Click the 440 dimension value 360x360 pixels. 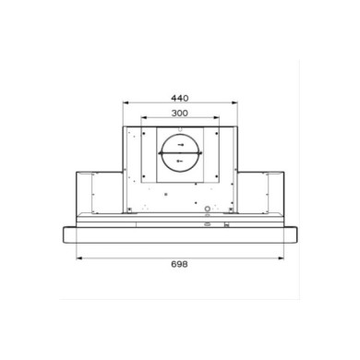180,98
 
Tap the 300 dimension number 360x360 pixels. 180,114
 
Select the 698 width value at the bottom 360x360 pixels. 180,264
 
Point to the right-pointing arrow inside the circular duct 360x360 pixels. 181,145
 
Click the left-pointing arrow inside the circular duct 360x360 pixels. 180,161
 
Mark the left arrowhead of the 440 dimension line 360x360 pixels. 126,102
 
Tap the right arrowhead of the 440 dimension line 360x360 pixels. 235,102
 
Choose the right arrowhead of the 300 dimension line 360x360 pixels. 217,117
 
